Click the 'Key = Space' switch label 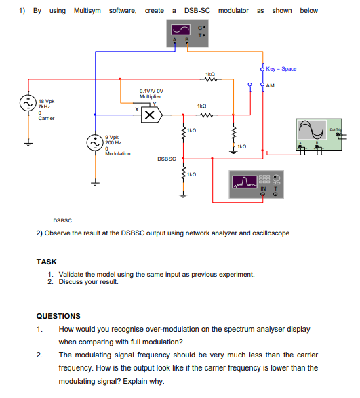[281, 68]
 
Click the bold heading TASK [46, 262]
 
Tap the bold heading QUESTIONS [58, 316]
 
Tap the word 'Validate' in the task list [71, 274]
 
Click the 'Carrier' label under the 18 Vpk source [46, 118]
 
